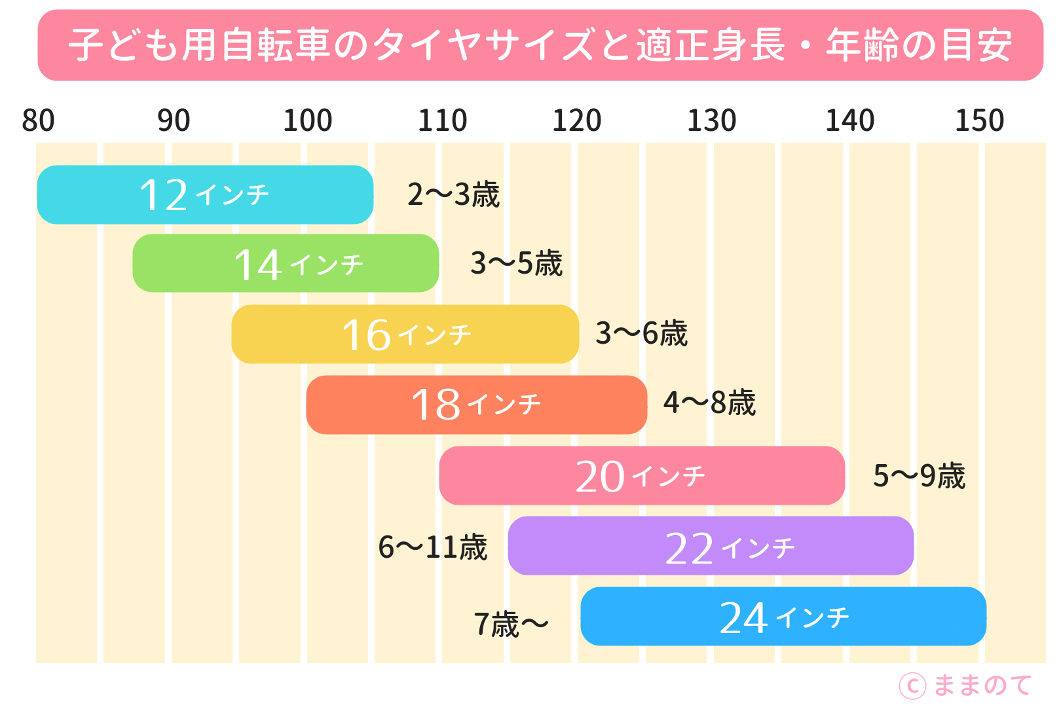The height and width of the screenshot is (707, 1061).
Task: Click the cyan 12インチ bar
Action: click(205, 194)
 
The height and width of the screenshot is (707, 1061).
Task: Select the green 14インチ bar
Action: click(286, 263)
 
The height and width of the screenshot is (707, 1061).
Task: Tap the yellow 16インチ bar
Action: click(405, 334)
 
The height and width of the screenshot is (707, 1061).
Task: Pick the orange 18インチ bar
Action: click(476, 405)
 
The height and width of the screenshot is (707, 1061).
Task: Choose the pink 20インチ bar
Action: click(642, 475)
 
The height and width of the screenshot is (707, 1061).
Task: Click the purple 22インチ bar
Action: click(711, 546)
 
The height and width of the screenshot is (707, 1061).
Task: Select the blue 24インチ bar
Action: click(783, 617)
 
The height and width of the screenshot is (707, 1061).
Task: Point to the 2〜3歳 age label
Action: click(453, 194)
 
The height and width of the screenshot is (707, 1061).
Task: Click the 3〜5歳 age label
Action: click(516, 263)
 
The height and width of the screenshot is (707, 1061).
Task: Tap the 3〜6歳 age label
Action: click(641, 333)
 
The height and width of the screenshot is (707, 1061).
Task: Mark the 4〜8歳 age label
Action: click(709, 403)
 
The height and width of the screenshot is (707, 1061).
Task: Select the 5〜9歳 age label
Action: click(919, 475)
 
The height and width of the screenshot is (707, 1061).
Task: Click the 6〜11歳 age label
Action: click(433, 547)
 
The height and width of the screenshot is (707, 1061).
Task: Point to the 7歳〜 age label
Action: click(511, 624)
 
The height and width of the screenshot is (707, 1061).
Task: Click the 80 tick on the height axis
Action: click(38, 120)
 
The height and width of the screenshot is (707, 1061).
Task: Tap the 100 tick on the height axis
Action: click(307, 120)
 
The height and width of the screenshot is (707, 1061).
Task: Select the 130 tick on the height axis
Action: click(711, 120)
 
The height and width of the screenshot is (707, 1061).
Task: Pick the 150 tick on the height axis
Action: click(979, 120)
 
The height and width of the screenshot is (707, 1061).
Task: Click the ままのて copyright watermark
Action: click(965, 685)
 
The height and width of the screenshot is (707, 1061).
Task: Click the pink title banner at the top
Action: click(540, 45)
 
